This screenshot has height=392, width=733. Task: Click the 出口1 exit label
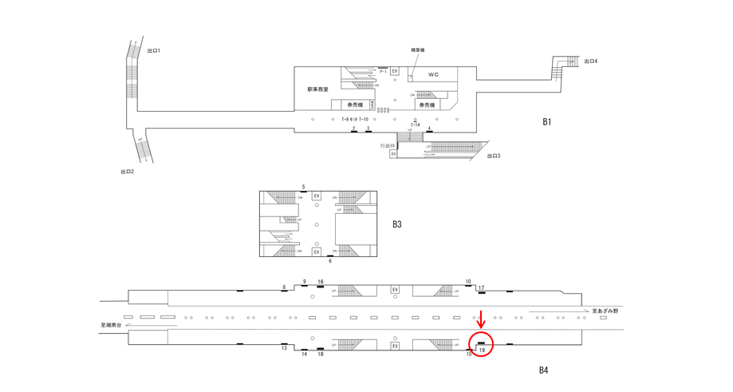coord(155,51)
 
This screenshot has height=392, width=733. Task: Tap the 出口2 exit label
coord(127,172)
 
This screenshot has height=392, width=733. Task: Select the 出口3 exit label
coord(495,156)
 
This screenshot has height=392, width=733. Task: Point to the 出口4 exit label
coord(591,61)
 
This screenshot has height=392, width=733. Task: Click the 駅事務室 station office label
coord(318,89)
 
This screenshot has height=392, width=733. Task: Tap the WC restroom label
coord(433,75)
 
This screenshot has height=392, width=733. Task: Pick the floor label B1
coord(547,122)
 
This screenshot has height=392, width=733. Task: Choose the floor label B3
coord(396,224)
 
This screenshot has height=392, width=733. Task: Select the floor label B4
coord(543,370)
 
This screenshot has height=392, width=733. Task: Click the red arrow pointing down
coord(481,319)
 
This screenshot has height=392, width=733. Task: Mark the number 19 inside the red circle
coord(482,350)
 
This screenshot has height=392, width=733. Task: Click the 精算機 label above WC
coord(417,50)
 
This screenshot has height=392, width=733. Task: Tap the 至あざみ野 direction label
coord(605,311)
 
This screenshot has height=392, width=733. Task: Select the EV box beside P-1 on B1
coord(395,72)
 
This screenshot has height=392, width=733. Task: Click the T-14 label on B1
coord(415,125)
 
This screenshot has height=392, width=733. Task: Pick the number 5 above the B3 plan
coord(303,187)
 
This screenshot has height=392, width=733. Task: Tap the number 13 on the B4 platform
coord(284,348)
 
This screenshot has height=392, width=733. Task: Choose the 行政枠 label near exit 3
coord(388,145)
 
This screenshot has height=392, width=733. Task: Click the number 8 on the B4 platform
coord(284,287)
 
